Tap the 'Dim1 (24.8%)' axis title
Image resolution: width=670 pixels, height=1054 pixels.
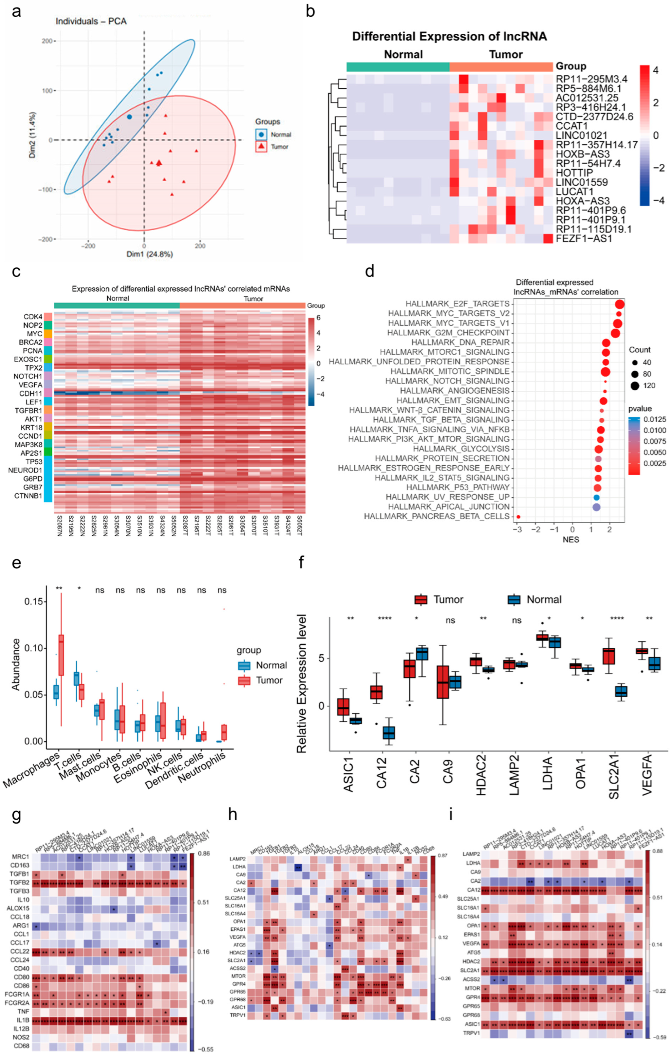click(149, 254)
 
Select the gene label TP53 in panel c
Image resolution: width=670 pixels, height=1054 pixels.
click(34, 462)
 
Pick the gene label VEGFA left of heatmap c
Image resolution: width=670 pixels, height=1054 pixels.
click(31, 385)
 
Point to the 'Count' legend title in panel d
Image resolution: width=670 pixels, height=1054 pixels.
click(639, 350)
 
